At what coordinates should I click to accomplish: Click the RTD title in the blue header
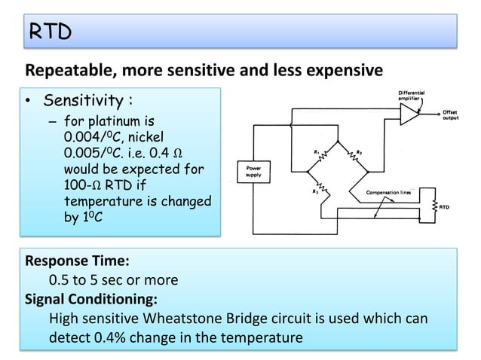[x=50, y=31]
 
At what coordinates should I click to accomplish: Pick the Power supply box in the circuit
[x=250, y=171]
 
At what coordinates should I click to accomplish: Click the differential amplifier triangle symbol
[x=409, y=114]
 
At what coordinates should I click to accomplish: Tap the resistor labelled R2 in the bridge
[x=323, y=187]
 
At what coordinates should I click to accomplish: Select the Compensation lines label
[x=388, y=193]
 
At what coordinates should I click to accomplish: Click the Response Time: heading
[x=78, y=261]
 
